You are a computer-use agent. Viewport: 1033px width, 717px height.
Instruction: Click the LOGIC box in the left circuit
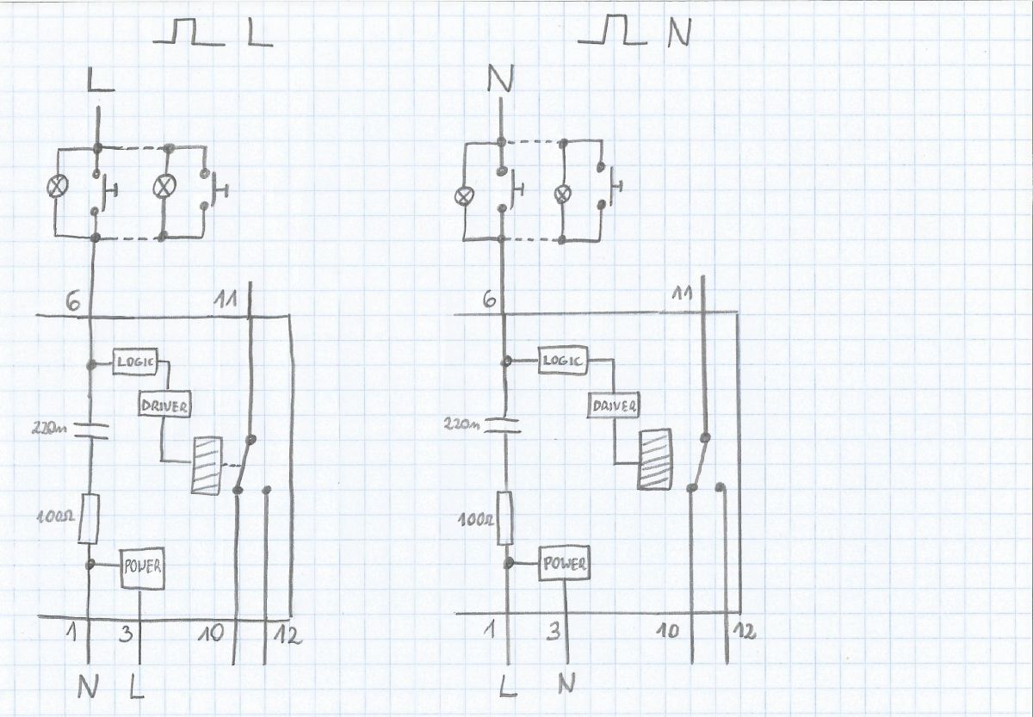[x=135, y=362]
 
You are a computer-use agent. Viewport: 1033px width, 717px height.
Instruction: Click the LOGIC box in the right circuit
[x=563, y=360]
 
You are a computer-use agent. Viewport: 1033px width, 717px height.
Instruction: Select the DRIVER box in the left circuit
[x=164, y=405]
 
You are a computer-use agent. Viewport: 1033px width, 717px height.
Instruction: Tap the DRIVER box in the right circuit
[x=613, y=405]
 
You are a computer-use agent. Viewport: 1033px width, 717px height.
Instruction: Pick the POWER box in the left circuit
[x=143, y=569]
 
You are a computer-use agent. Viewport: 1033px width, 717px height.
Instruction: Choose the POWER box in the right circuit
[x=564, y=563]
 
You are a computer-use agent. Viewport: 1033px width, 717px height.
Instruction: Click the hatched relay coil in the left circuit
[x=206, y=466]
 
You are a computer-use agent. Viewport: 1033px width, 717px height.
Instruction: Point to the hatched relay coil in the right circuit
[x=654, y=460]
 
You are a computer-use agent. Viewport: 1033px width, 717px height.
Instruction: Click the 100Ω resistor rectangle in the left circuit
[x=88, y=519]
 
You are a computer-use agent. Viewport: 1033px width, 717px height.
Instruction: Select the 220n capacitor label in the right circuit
[x=461, y=423]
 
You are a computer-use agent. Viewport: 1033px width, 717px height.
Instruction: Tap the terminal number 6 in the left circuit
[x=73, y=301]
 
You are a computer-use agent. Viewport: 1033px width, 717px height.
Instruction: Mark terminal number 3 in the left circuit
[x=126, y=634]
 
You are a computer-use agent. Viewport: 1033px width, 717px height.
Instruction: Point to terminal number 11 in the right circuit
[x=682, y=294]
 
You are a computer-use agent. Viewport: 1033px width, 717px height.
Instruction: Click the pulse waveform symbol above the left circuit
[x=189, y=32]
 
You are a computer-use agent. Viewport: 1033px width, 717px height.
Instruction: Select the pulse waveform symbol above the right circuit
[x=612, y=30]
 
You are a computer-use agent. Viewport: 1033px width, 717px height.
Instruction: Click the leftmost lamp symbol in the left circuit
[x=58, y=186]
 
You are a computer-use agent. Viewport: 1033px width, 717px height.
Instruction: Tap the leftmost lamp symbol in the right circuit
[x=462, y=196]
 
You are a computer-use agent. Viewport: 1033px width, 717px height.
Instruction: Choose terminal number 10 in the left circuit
[x=211, y=634]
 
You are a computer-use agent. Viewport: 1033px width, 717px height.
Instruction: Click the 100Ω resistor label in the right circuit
[x=476, y=520]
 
